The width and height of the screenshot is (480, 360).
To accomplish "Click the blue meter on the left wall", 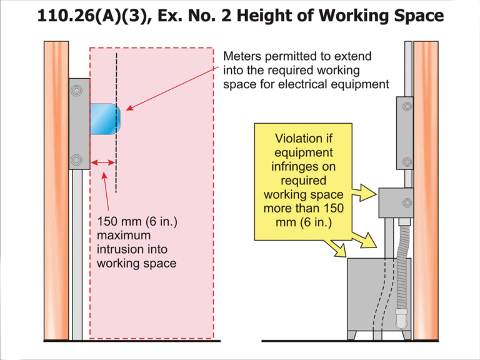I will click(104, 119).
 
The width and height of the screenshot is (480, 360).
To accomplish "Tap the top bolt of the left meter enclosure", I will click(77, 91).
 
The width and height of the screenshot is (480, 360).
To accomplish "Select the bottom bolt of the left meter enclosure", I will click(77, 159).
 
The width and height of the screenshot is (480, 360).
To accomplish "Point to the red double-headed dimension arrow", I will click(102, 163).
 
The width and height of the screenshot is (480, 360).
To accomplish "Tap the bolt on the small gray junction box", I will click(407, 202).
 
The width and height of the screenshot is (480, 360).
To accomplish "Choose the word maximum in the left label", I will click(124, 236).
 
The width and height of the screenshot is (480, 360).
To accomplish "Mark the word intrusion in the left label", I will click(122, 249).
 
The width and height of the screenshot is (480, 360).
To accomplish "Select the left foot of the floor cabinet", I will click(353, 335).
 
